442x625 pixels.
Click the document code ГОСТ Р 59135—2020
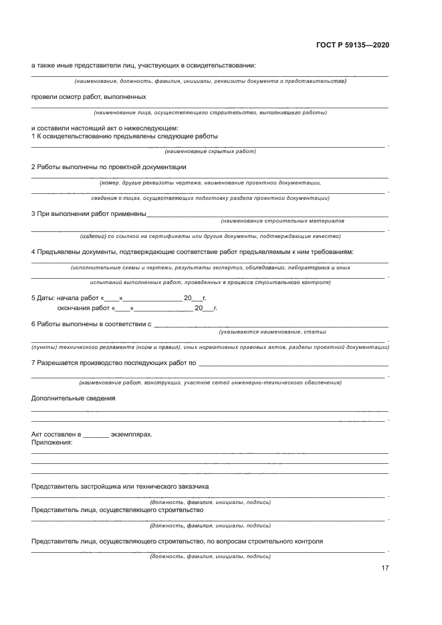pyautogui.click(x=352, y=45)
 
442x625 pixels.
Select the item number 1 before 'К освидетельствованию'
pyautogui.click(x=33, y=136)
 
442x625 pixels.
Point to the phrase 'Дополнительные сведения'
pyautogui.click(x=73, y=398)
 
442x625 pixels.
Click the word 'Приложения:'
pyautogui.click(x=51, y=443)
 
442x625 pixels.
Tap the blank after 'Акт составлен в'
pyautogui.click(x=96, y=434)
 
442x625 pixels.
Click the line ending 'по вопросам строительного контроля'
pyautogui.click(x=177, y=541)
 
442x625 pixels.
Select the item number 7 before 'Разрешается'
pyautogui.click(x=33, y=363)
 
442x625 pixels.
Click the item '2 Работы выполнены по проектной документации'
pyautogui.click(x=108, y=167)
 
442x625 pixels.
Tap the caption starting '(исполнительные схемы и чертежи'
pyautogui.click(x=210, y=267)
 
